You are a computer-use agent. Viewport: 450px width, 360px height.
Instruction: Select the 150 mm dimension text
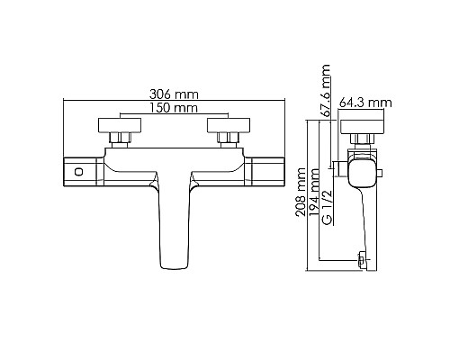pos(167,108)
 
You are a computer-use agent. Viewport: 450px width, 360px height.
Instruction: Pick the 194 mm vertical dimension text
pos(314,193)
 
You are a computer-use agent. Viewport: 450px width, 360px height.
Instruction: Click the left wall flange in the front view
pos(118,123)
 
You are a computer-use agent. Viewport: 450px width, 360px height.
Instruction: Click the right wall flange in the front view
pos(222,123)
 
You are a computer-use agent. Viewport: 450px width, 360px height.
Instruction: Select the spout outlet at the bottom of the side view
pos(363,261)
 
